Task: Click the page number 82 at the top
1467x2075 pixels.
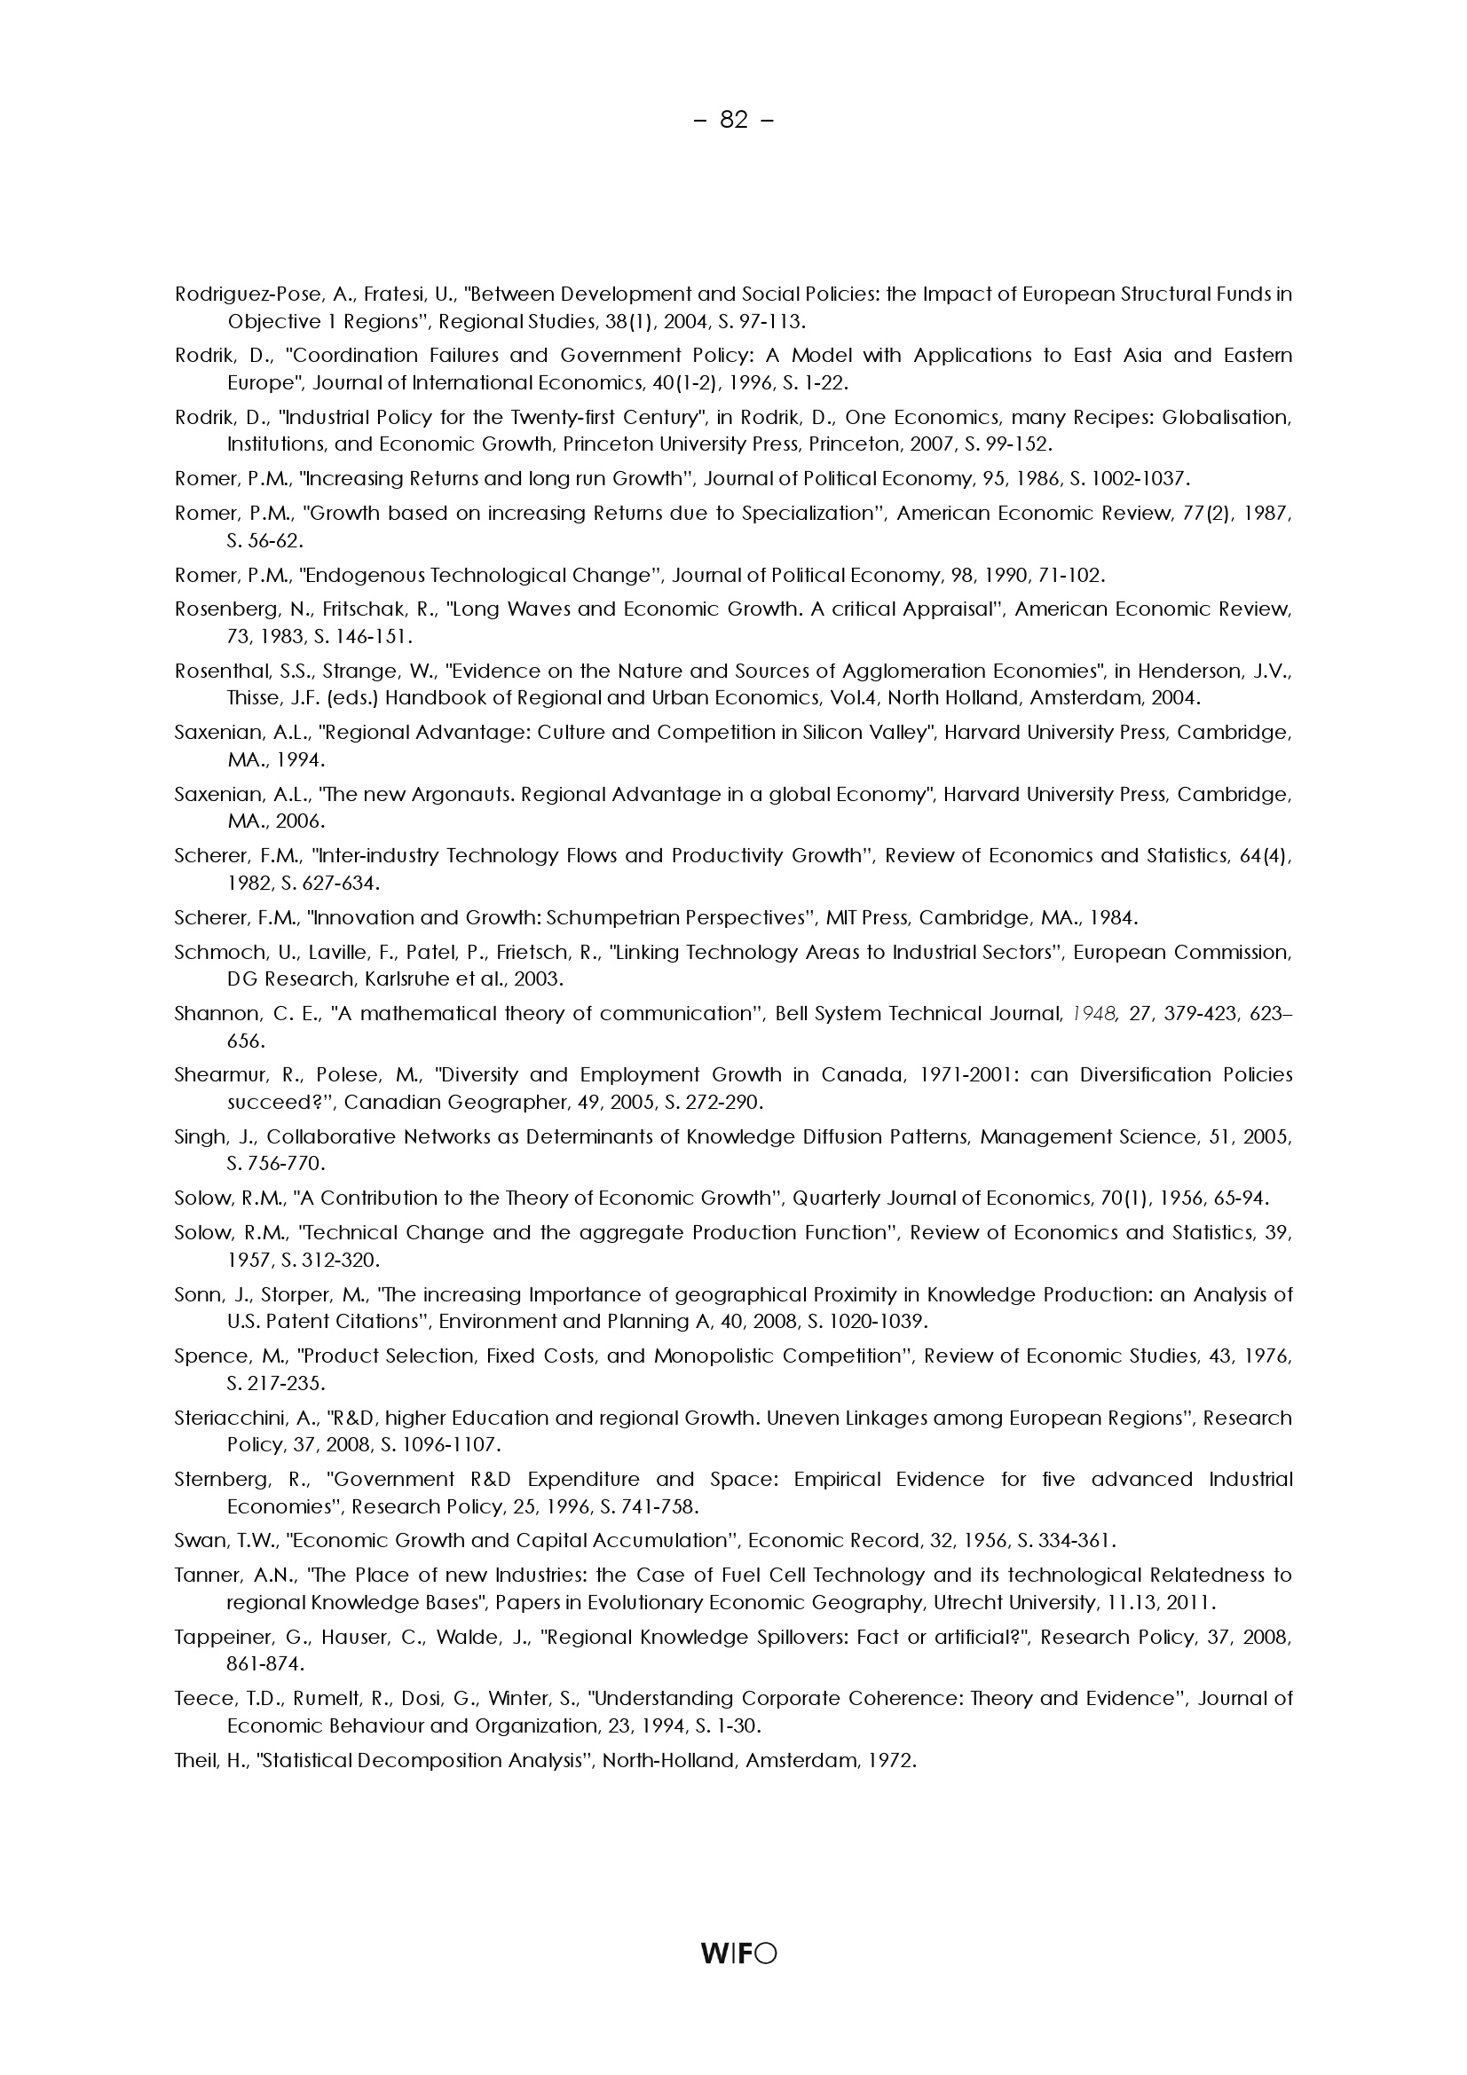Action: [x=733, y=119]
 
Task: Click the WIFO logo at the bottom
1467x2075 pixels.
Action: [x=737, y=1953]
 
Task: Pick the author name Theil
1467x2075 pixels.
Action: [x=193, y=1759]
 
